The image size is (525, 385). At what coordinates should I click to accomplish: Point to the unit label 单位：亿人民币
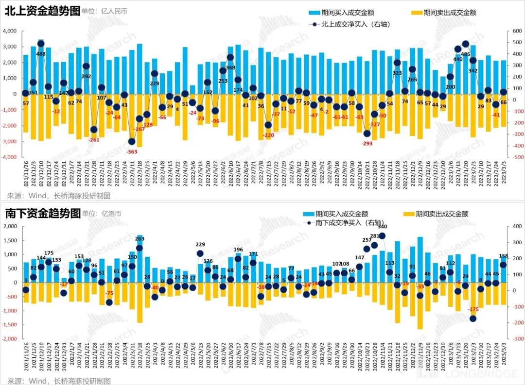105,12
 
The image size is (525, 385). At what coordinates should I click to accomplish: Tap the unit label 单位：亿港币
101,213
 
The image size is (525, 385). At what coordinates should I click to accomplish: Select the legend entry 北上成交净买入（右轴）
350,24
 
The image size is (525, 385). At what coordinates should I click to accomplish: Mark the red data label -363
132,152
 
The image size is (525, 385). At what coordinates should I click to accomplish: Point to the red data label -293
367,144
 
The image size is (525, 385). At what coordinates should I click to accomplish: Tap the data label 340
383,227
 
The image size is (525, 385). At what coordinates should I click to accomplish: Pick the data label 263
140,239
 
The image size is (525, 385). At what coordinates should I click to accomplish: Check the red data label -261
93,140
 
